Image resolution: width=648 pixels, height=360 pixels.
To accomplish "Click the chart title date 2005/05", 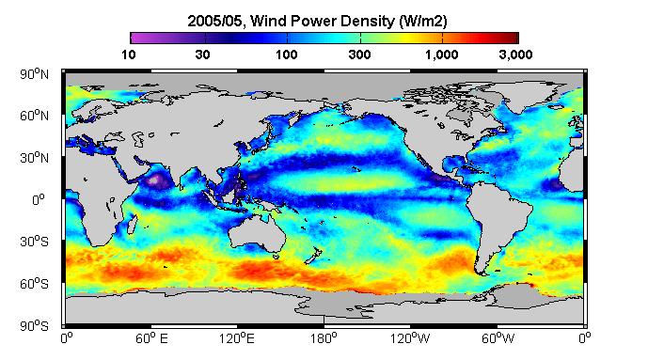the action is coord(214,21).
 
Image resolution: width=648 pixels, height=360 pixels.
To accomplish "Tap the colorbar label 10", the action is coord(129,55).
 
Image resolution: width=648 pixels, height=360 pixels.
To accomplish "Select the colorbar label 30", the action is coord(202,55).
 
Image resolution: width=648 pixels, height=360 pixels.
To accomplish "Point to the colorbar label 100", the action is coord(287,55).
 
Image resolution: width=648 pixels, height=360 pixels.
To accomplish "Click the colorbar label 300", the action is coord(359,55).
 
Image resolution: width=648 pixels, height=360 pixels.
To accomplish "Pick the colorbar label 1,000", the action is coord(441,55).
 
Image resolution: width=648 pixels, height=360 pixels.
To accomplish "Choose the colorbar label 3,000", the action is coord(515,55).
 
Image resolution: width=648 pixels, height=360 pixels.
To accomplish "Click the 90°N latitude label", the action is coord(34,74).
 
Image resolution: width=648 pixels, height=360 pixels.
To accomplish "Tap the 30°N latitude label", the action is coord(34,157).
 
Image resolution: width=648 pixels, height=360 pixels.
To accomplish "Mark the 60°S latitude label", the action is coord(34,284).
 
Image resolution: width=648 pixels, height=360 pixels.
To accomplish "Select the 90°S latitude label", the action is coord(34,326).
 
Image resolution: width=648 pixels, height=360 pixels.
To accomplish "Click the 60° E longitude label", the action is coord(151,339).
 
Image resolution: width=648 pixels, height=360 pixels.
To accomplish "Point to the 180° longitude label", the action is coord(324,339).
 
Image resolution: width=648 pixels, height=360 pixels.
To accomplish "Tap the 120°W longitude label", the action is coord(410,339).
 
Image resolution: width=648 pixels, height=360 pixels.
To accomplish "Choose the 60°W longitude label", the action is coord(498,339).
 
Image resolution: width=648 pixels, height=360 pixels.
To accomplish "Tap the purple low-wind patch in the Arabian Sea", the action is coord(156,180).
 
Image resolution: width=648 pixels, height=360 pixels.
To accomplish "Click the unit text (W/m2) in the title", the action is coord(423,21).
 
